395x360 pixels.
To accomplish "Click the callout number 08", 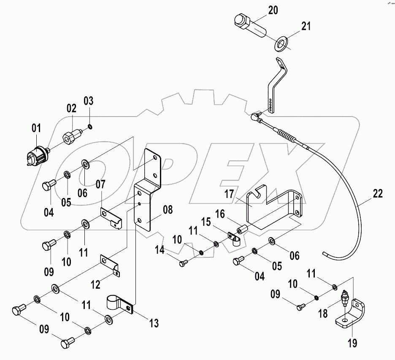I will (168, 210).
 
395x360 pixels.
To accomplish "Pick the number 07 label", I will (100, 184).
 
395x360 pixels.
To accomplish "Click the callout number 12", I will (95, 285).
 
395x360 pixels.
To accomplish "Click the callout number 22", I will (377, 194).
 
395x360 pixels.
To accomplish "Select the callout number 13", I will (154, 324).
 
